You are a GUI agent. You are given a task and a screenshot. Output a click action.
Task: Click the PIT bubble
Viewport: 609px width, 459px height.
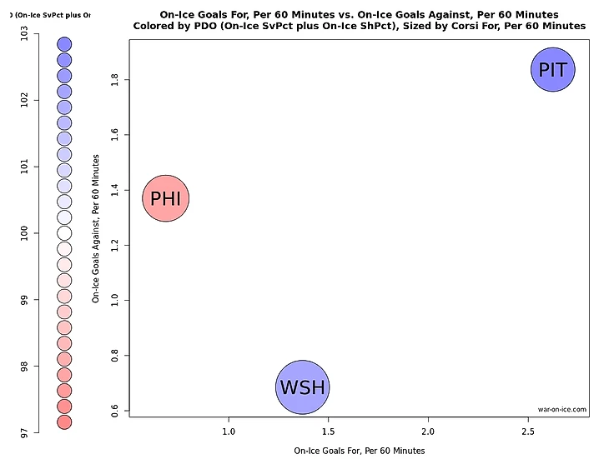[x=553, y=70]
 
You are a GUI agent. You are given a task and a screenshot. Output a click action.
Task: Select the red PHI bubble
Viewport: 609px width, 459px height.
[x=166, y=198]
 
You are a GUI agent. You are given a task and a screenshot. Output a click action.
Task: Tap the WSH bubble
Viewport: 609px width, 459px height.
[x=303, y=387]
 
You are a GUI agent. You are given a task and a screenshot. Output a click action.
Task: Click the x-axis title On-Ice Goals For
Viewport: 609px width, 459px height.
[x=360, y=451]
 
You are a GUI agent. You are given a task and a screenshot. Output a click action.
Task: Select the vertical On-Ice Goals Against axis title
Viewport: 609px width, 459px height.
[x=97, y=227]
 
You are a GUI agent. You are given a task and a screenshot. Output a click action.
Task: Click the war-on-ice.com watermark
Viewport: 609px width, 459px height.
[x=562, y=410]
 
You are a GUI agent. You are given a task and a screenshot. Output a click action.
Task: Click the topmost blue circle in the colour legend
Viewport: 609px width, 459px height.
[x=64, y=44]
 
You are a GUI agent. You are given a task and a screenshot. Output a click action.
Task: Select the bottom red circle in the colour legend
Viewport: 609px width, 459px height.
[x=64, y=422]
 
